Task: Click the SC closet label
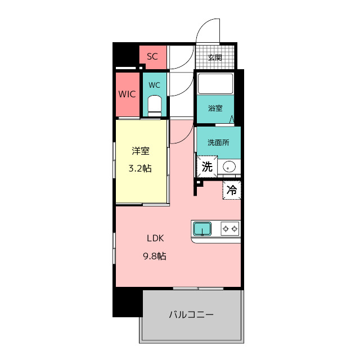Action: (x=152, y=56)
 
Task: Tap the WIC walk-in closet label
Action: (x=127, y=94)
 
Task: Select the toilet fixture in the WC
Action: (x=155, y=106)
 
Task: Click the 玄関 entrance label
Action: (x=215, y=57)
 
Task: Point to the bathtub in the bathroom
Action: (x=215, y=83)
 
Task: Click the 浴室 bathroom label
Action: (x=215, y=108)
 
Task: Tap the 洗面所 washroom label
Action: (x=218, y=142)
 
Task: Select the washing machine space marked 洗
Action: (x=207, y=166)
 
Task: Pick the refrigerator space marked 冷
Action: (x=232, y=190)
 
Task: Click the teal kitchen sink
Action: (x=202, y=228)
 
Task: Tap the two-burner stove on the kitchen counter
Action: (x=230, y=228)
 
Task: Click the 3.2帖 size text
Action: (x=140, y=169)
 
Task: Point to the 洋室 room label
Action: (x=141, y=151)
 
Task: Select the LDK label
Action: (x=155, y=238)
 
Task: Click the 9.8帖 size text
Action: (x=155, y=256)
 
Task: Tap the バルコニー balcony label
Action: (x=191, y=314)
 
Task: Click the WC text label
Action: (x=154, y=85)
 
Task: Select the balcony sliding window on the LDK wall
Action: (x=198, y=288)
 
